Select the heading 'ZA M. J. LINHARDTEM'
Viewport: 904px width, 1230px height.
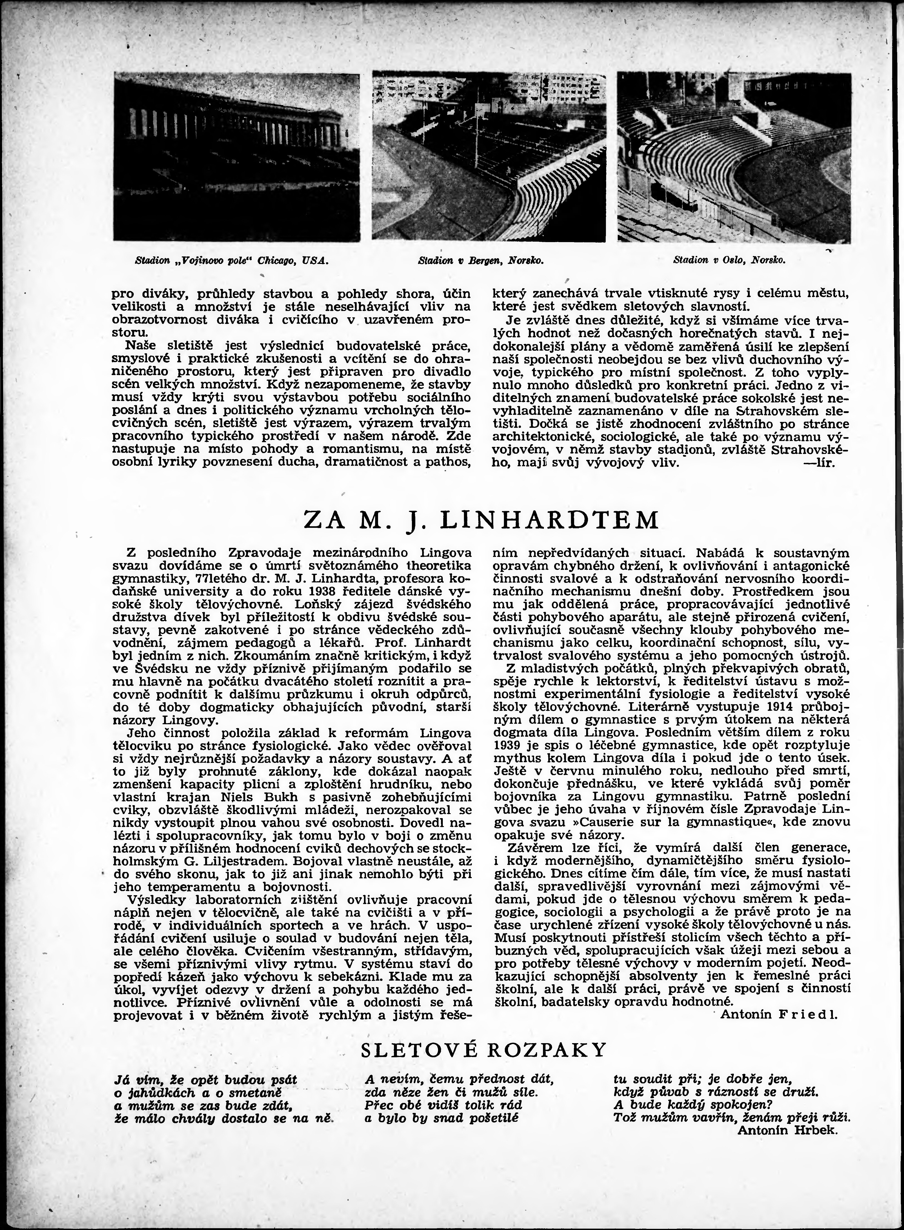[482, 519]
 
